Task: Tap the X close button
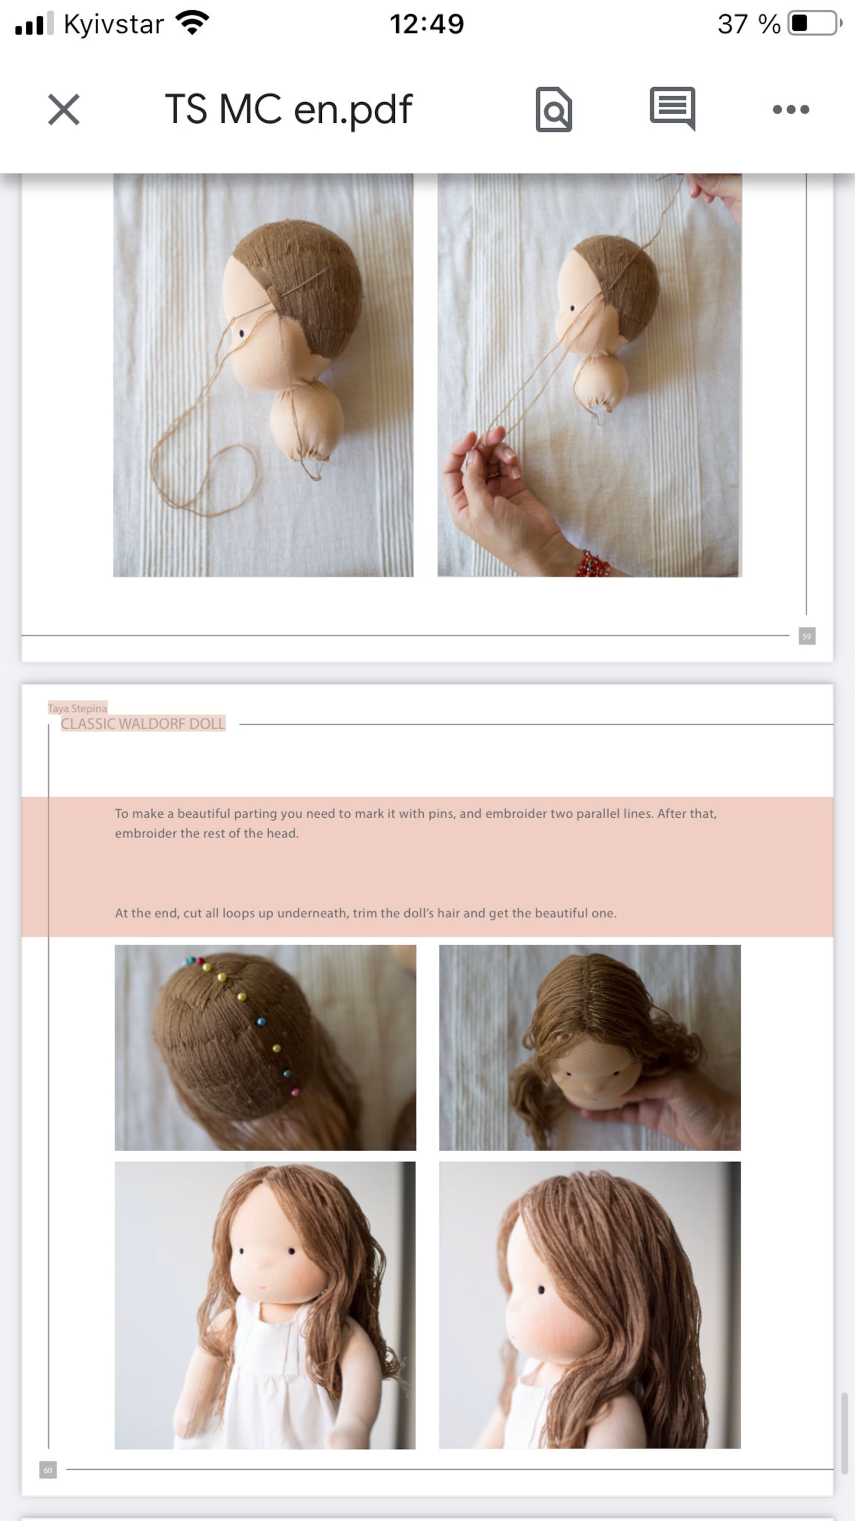64,110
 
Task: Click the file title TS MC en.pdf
288,110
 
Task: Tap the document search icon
553,110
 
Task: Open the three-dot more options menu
790,109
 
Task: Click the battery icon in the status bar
814,24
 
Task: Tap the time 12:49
426,24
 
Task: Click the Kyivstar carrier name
114,24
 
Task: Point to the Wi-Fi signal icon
193,23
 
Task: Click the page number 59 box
807,636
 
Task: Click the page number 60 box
48,1470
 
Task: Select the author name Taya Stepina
78,708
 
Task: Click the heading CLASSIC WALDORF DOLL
143,724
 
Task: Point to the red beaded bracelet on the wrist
593,564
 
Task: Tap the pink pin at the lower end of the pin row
295,1092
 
